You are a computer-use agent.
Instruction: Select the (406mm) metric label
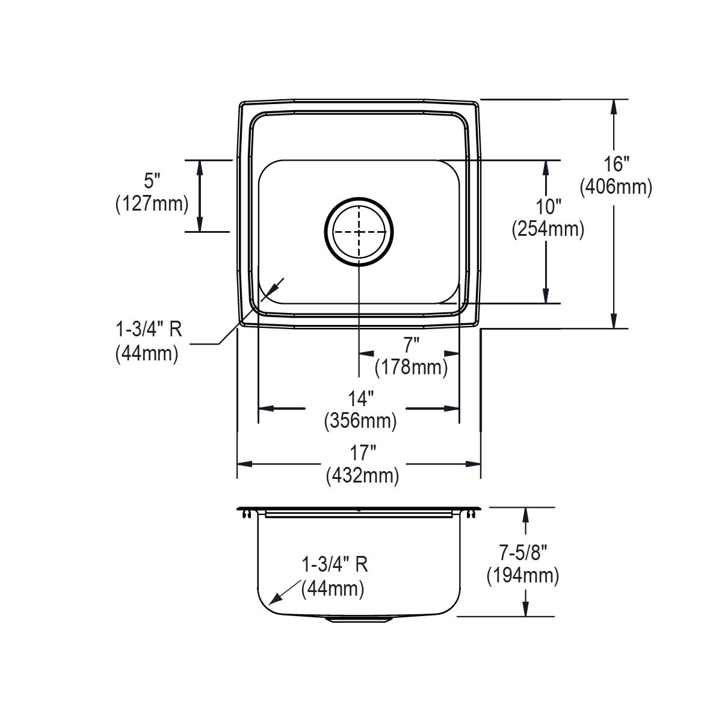point(616,188)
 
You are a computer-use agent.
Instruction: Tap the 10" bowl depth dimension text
point(548,206)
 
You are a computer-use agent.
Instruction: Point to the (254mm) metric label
point(548,229)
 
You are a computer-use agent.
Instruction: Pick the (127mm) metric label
point(152,204)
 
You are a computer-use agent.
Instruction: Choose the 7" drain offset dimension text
point(411,345)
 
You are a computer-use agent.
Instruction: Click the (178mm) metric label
point(411,367)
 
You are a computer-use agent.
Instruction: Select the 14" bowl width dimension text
point(360,398)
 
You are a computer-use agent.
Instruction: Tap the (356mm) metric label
point(360,421)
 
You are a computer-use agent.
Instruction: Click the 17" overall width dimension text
point(362,452)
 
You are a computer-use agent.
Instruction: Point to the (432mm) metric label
point(362,476)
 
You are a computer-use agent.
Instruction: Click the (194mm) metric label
point(522,576)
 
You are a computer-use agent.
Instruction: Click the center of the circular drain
point(359,232)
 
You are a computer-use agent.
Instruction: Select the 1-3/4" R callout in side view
point(335,564)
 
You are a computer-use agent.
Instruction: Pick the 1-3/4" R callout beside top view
point(148,330)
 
